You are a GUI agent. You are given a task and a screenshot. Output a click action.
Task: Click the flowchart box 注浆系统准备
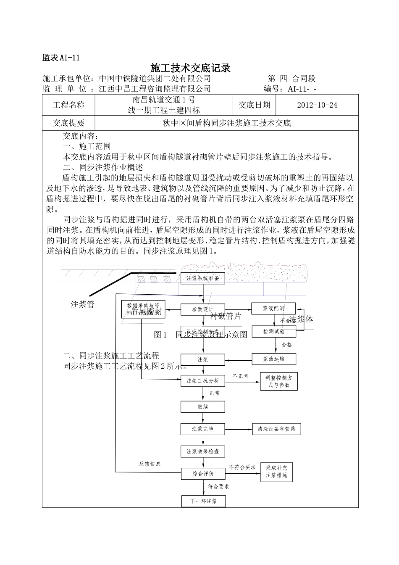[x=203, y=278]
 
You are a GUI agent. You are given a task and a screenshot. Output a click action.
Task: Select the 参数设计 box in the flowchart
[x=203, y=309]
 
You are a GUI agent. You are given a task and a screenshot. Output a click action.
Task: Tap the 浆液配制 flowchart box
[x=273, y=308]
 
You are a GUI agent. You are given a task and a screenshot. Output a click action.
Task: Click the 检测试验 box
[x=273, y=331]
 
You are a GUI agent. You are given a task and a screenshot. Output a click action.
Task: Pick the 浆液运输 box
[x=274, y=359]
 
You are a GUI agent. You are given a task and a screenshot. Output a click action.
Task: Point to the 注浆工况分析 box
[x=203, y=381]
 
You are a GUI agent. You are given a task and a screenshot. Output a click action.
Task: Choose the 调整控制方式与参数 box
[x=279, y=381]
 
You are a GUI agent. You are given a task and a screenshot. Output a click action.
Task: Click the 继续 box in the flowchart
[x=203, y=407]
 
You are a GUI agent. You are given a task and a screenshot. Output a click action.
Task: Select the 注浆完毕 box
[x=203, y=429]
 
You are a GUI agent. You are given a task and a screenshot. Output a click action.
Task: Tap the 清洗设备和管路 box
[x=276, y=429]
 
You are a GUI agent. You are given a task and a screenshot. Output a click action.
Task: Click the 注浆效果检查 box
[x=203, y=451]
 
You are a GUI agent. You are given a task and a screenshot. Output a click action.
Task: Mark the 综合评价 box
[x=203, y=473]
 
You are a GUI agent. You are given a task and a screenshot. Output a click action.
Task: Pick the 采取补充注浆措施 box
[x=276, y=472]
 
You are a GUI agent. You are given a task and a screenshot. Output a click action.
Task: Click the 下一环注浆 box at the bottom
[x=203, y=501]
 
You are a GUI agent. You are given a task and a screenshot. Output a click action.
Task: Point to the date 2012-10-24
[x=317, y=105]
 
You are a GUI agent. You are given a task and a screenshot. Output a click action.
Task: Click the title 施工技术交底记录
[x=191, y=68]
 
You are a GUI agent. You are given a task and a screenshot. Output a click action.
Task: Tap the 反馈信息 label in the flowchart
[x=150, y=464]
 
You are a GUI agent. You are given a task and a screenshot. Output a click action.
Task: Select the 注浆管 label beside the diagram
[x=83, y=304]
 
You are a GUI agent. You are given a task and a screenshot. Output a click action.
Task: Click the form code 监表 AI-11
[x=61, y=58]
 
